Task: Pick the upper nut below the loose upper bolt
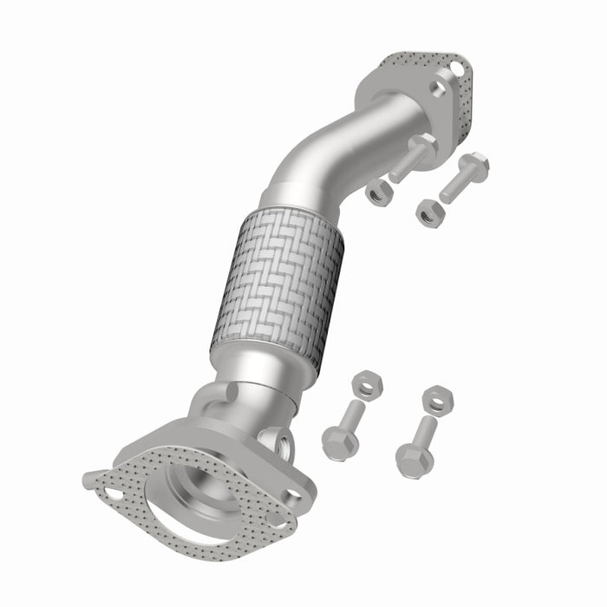click(429, 210)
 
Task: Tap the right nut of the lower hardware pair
click(439, 399)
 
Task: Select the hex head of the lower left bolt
click(339, 442)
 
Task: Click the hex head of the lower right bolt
click(413, 458)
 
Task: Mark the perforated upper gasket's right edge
click(468, 104)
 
